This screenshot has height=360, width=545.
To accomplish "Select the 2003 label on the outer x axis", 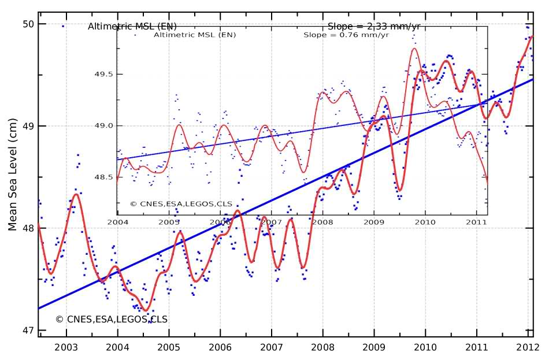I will click(66, 347).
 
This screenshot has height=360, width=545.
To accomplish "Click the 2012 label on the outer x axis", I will click(528, 347).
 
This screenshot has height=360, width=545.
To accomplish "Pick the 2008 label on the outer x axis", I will click(322, 347).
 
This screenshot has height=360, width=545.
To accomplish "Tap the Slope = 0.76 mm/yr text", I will click(337, 35).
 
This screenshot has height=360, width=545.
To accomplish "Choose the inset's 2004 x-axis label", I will click(118, 221).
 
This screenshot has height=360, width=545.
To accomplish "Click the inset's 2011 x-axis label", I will click(476, 221).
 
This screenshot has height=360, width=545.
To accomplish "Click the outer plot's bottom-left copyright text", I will click(112, 319).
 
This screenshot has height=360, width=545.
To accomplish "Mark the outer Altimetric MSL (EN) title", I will click(132, 27).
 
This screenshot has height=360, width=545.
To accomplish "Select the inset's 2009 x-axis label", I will click(374, 221).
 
